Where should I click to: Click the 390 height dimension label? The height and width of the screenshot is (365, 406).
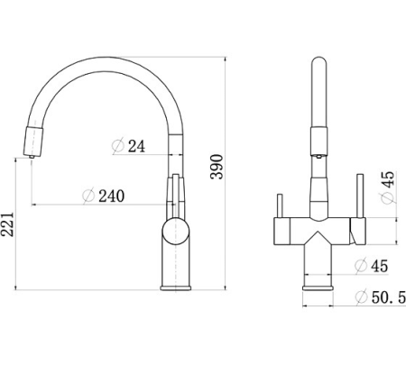coord(217,167)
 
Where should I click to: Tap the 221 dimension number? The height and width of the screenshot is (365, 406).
coord(7,224)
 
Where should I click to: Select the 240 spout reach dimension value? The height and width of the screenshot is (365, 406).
coord(112,196)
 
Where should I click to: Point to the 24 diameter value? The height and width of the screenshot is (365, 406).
coord(136,146)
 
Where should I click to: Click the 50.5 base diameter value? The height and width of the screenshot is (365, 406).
coord(389,297)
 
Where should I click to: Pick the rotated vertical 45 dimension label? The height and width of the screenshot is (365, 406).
coord(388,179)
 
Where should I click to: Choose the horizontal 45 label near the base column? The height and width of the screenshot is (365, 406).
coord(379,266)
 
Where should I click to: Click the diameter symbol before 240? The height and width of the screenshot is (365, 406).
coord(88,196)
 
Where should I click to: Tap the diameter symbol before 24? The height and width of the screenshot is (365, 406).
coord(118,146)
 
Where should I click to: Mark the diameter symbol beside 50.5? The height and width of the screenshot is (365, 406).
coord(361,297)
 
